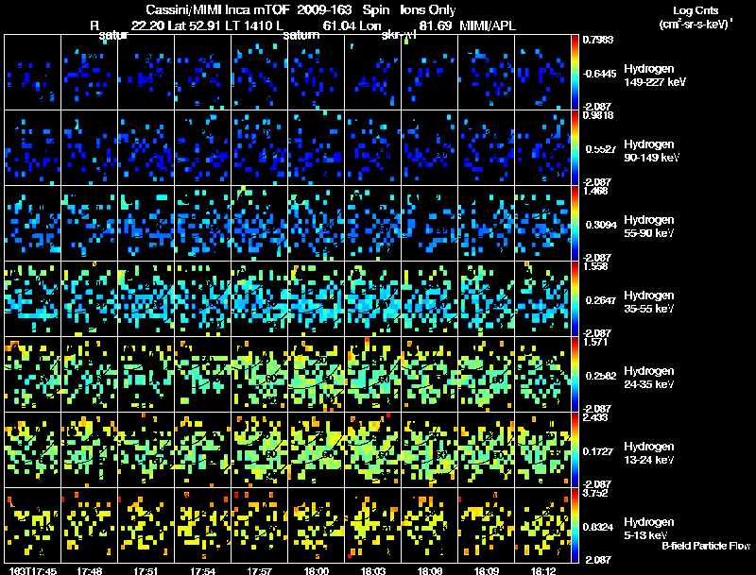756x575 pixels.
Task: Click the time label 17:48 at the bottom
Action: pos(91,570)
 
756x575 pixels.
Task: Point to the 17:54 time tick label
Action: pos(203,570)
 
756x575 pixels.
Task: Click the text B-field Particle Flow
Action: pos(705,546)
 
